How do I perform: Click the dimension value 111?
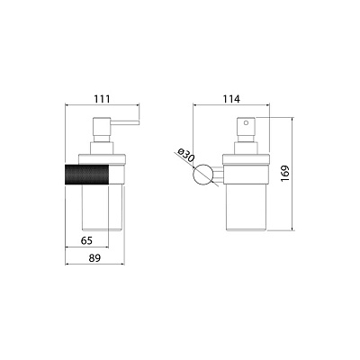click(103, 99)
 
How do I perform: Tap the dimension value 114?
click(231, 99)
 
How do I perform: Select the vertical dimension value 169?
click(284, 173)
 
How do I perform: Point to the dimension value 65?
click(86, 240)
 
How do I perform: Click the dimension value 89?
click(94, 257)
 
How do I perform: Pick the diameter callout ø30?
click(186, 155)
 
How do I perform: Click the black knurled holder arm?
click(87, 175)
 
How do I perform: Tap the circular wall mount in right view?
click(203, 175)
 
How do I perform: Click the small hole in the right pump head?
click(247, 122)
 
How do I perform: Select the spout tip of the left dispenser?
click(139, 122)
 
